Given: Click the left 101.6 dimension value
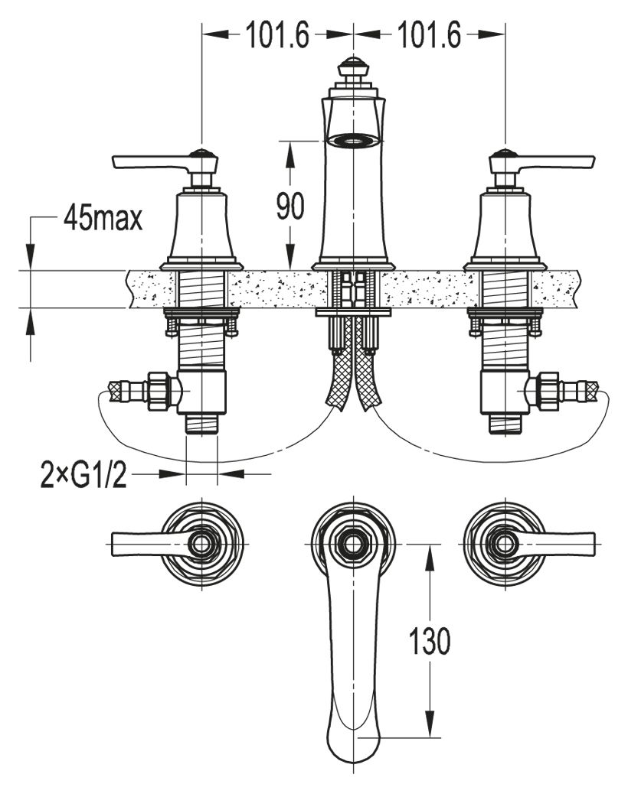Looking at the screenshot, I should (x=276, y=35).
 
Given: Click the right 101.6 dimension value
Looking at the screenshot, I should (x=429, y=35).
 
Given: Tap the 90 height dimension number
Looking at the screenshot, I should (x=290, y=207).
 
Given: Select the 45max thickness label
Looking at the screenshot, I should (x=103, y=220).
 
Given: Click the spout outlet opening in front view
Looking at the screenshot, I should (x=353, y=140).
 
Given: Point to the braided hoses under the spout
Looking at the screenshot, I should (x=353, y=382).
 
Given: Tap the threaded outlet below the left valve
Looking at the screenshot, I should (x=203, y=423).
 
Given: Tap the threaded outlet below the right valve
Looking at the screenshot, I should (x=505, y=423).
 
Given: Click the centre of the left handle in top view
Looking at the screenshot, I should (x=202, y=544).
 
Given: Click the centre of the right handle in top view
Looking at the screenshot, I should (x=504, y=544).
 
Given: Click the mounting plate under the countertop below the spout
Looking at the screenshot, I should (x=353, y=312).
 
